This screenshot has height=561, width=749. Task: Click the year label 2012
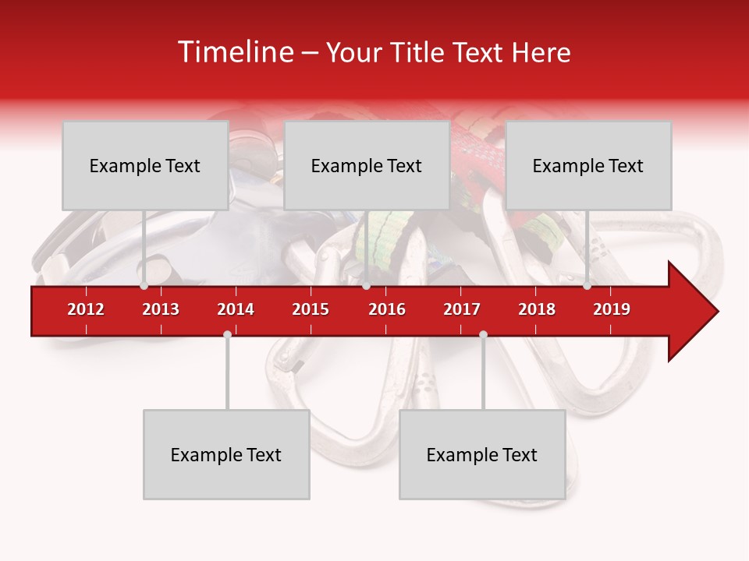(86, 309)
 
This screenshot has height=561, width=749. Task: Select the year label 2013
(161, 309)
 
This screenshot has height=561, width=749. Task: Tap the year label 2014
(236, 309)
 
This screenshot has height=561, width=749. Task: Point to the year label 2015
(311, 309)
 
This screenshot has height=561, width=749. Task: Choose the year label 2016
(387, 309)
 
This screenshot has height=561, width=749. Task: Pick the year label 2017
(462, 309)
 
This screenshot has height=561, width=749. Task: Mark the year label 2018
(537, 309)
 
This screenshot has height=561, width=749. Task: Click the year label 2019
(612, 309)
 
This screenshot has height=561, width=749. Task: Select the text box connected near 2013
(145, 165)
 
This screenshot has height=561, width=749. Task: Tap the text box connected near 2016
(367, 165)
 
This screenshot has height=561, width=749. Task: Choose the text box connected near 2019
(588, 165)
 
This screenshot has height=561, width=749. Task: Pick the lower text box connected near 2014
(226, 454)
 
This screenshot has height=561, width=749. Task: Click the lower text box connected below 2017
(482, 454)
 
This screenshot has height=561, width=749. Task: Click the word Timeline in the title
(234, 52)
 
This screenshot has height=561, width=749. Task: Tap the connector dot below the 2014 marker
(227, 334)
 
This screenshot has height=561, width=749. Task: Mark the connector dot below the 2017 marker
(483, 334)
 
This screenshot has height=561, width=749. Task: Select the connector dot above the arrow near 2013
(144, 286)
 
